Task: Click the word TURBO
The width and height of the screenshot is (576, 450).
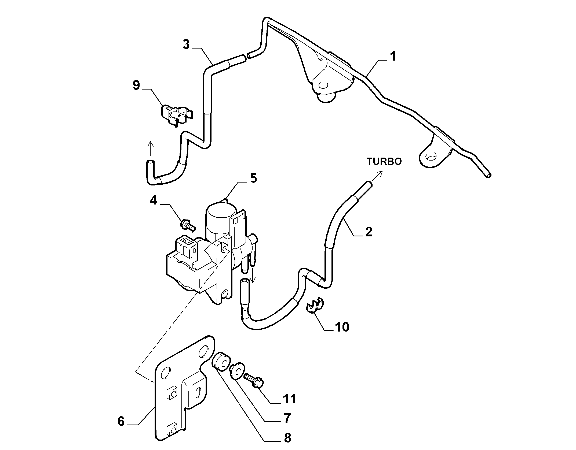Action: tap(384, 161)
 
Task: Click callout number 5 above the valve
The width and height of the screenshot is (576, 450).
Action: tap(254, 178)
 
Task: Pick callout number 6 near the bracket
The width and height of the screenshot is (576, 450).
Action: tap(121, 421)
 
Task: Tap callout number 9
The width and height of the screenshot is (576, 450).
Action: tap(136, 85)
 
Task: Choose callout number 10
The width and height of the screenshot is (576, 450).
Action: tap(342, 327)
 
